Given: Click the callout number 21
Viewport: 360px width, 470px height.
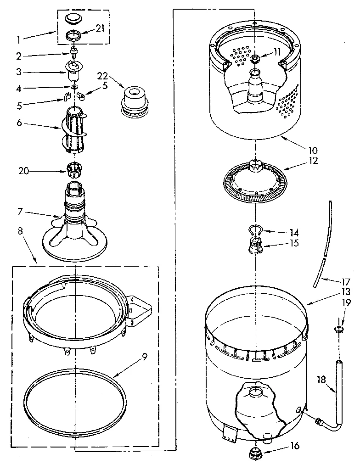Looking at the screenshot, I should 100,28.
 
